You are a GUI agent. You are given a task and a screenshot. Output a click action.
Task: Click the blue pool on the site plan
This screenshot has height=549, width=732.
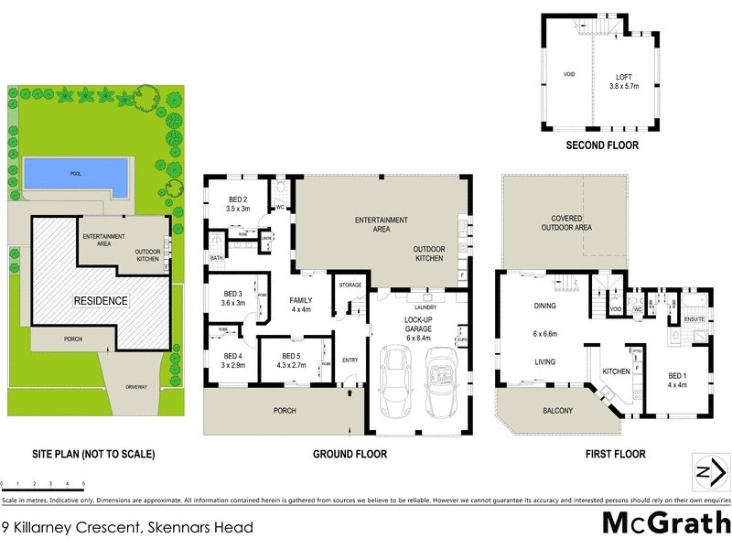(x=75, y=174)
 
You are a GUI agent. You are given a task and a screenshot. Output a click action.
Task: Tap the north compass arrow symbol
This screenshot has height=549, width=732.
(x=711, y=472)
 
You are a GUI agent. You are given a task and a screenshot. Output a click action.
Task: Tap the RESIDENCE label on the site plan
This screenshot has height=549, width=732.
(x=102, y=300)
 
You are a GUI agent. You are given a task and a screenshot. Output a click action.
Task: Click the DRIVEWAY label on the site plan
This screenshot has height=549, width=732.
(x=136, y=388)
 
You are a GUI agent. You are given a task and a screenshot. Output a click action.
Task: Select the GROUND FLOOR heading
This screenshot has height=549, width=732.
(x=350, y=454)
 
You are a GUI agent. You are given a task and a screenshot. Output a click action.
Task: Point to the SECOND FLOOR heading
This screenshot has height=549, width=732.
(x=601, y=145)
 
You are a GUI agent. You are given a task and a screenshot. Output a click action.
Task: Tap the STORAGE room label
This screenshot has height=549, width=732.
(x=350, y=285)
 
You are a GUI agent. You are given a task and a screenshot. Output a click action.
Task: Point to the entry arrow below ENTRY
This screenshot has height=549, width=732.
(x=350, y=394)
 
